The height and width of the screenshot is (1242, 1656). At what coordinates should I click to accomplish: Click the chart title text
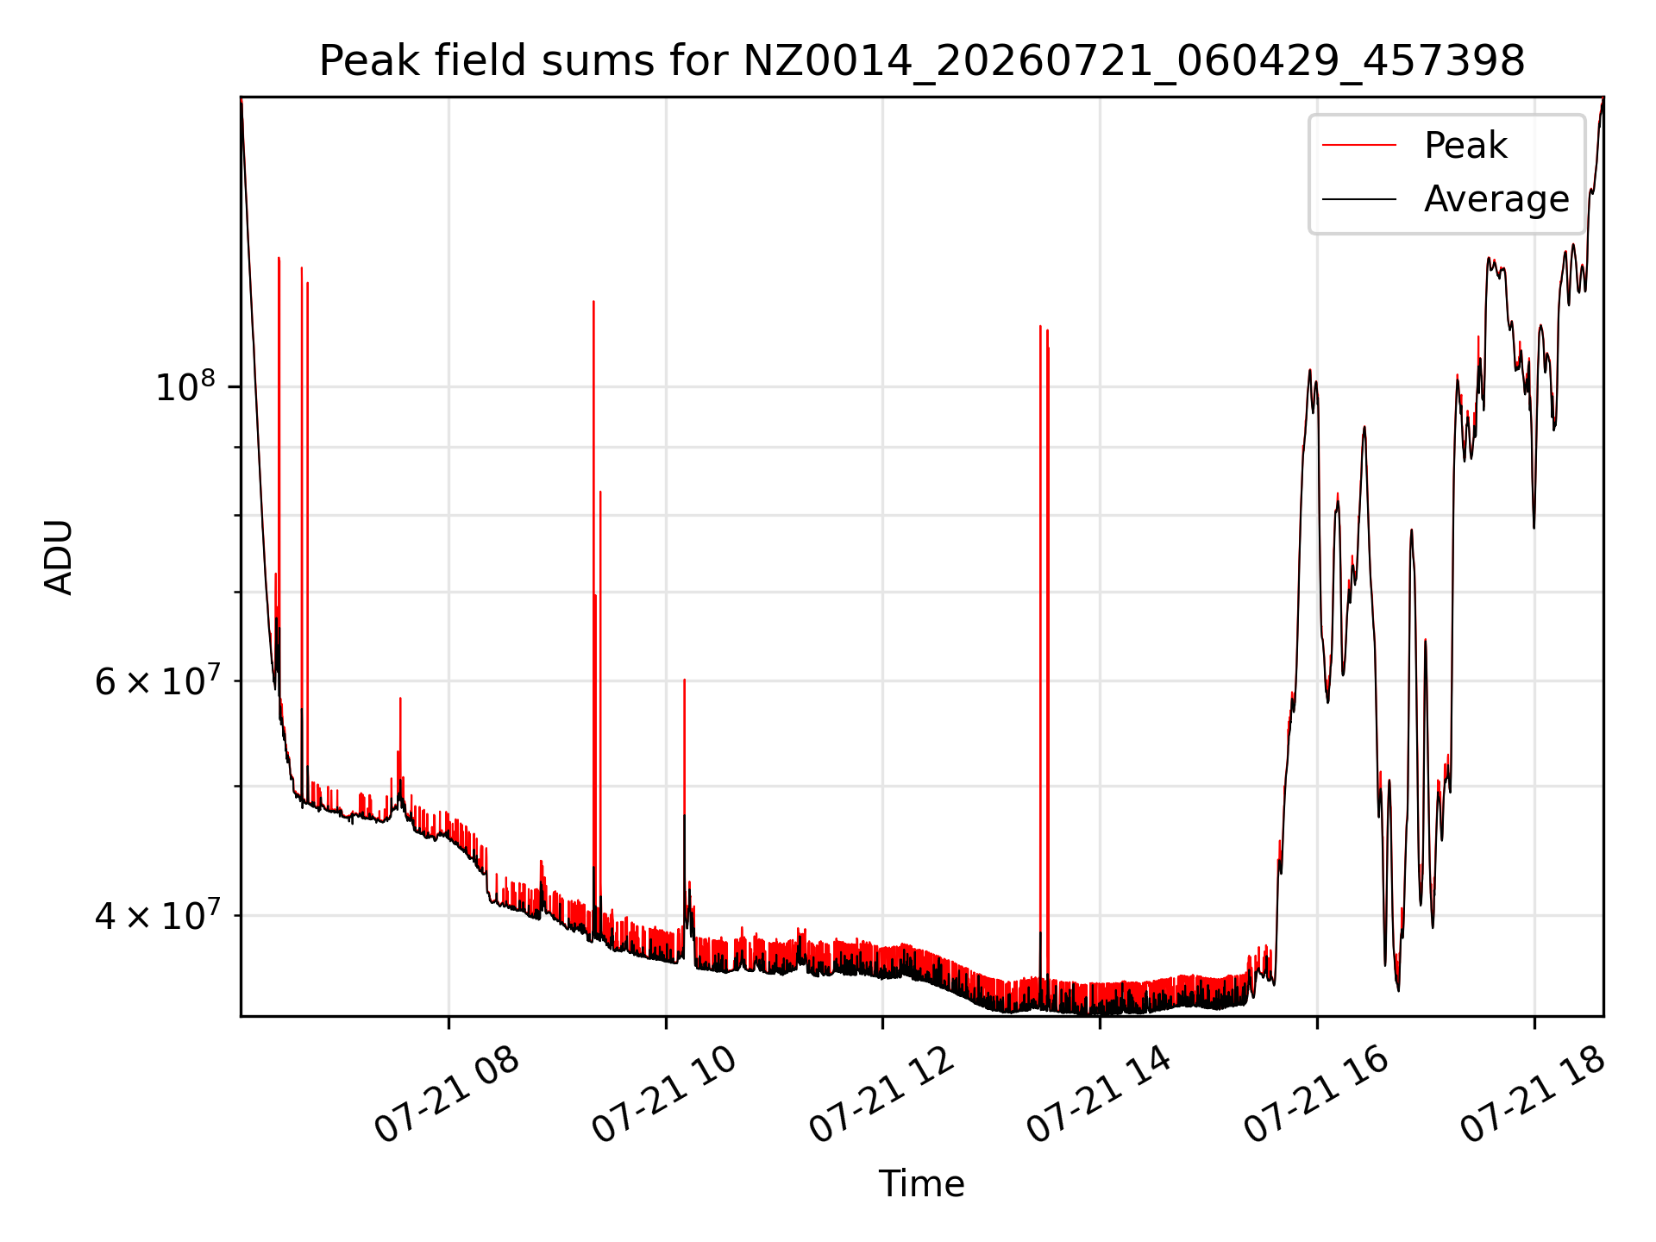point(922,61)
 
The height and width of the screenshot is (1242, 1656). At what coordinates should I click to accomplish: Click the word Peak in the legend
point(1465,145)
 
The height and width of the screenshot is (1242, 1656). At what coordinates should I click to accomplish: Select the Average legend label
point(1496,199)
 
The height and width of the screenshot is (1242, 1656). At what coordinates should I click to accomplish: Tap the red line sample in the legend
point(1359,145)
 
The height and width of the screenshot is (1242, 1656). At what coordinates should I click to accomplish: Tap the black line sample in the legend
point(1359,199)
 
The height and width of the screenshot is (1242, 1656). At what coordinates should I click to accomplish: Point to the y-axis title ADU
point(59,556)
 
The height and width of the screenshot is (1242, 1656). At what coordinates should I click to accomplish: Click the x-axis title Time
point(921,1183)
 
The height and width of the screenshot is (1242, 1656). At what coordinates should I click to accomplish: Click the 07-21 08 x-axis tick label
point(447,1094)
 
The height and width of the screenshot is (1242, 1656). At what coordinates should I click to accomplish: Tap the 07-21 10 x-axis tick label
point(664,1094)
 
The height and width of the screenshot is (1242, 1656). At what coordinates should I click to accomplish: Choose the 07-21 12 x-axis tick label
point(881,1094)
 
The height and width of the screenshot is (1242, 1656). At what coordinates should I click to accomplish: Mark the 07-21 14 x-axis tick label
point(1099,1094)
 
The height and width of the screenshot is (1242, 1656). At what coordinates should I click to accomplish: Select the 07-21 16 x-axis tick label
point(1316,1094)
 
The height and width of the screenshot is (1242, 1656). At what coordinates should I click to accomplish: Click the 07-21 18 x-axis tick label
point(1534,1094)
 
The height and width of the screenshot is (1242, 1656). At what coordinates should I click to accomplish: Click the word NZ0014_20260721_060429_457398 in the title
point(1133,61)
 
